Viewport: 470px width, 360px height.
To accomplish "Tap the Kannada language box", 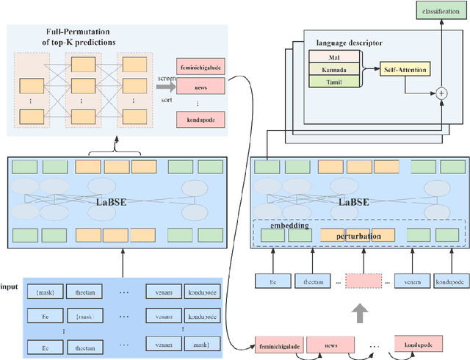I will [334, 69].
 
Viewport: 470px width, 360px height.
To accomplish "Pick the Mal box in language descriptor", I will [334, 57].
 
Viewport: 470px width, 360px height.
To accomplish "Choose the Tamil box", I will [334, 82].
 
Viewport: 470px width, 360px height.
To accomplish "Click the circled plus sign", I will [441, 93].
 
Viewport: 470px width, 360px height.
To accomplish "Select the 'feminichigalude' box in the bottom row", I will [278, 343].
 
